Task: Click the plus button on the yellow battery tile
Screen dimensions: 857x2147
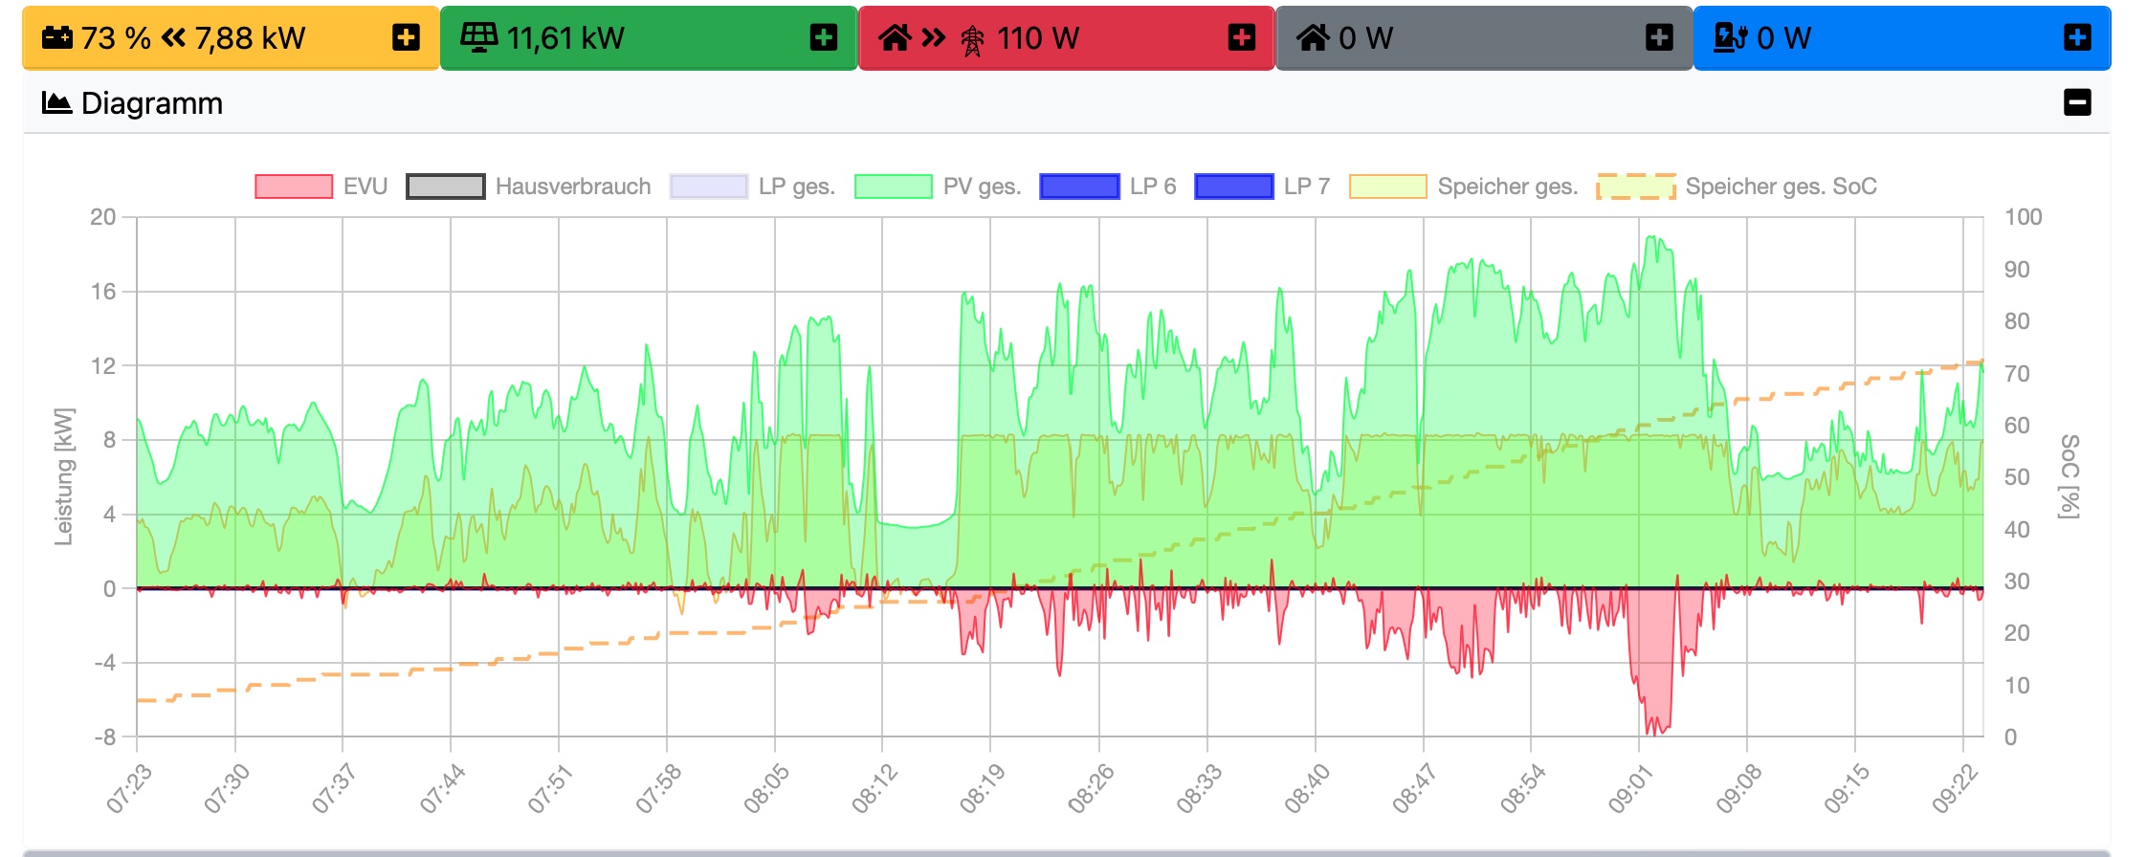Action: [406, 38]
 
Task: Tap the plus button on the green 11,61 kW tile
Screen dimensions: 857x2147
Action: [823, 38]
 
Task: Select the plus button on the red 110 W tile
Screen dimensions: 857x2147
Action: [1241, 38]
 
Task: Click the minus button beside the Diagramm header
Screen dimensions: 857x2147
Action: [2077, 102]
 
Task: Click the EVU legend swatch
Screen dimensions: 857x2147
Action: [294, 187]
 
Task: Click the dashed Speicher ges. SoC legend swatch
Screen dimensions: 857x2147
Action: [1636, 187]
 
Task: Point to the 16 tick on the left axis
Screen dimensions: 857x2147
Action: [103, 292]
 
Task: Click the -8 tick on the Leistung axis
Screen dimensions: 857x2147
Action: [105, 737]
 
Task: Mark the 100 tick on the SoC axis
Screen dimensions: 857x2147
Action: [2023, 217]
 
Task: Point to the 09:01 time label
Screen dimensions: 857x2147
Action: [1629, 790]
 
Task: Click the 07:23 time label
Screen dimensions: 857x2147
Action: [129, 790]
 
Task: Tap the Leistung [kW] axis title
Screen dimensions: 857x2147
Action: [64, 476]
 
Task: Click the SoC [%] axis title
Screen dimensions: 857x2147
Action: [2069, 476]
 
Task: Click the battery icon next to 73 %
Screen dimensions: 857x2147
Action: [57, 38]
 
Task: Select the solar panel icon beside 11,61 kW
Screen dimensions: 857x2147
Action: [478, 38]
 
